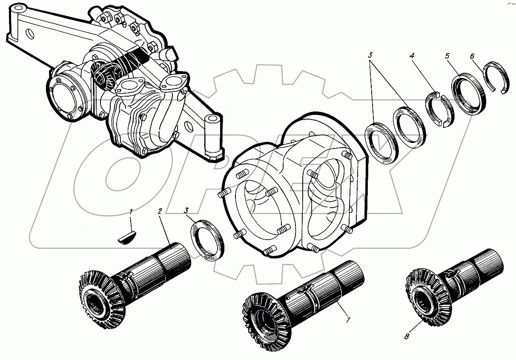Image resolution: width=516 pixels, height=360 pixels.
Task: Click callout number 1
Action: click(x=131, y=211)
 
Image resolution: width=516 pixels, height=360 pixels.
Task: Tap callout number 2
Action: click(x=160, y=211)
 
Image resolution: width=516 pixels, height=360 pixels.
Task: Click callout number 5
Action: click(x=447, y=55)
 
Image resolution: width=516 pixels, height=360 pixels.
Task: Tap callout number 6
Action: click(x=472, y=55)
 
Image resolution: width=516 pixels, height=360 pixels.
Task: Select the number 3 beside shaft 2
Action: click(x=186, y=211)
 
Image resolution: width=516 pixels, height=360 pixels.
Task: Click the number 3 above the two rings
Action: click(x=370, y=55)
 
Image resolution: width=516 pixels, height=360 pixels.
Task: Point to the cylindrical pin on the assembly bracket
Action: click(x=212, y=134)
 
